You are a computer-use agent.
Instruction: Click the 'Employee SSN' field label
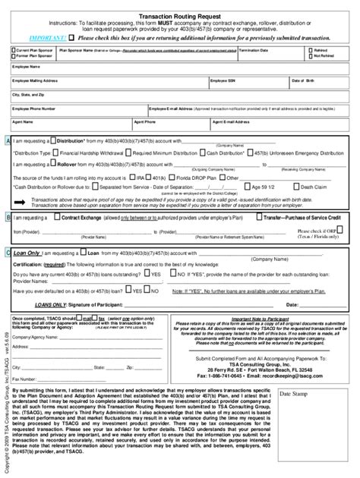[x=226, y=79]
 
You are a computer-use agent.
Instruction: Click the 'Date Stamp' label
[x=293, y=395]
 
